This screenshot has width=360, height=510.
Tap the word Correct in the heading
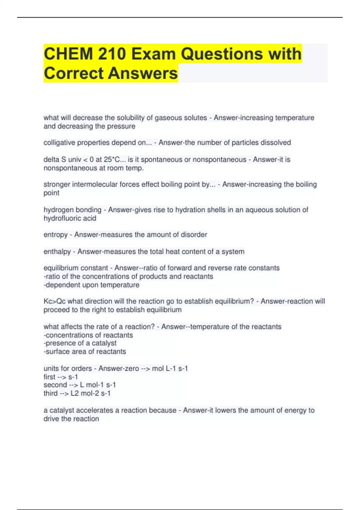[73, 73]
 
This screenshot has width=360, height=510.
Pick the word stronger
[57, 184]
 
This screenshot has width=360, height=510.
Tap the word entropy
[55, 235]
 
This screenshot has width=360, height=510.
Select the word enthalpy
[57, 252]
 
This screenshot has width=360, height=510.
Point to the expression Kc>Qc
[54, 301]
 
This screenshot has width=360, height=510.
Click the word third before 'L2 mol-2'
[50, 393]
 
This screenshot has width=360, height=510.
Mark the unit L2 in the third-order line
[74, 393]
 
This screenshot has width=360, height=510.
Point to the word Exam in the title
[153, 54]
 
